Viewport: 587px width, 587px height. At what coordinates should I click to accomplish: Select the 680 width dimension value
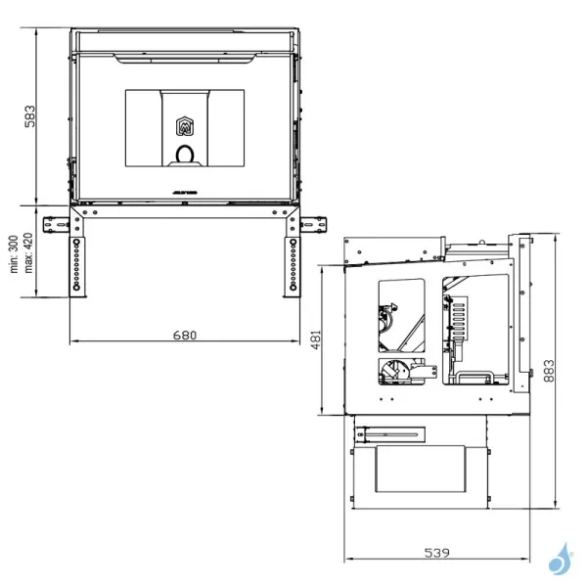185,335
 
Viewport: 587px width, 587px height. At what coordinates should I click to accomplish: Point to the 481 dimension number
316,339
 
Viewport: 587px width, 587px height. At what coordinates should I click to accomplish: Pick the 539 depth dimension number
436,552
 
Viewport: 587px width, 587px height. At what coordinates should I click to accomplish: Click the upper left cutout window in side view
402,313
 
